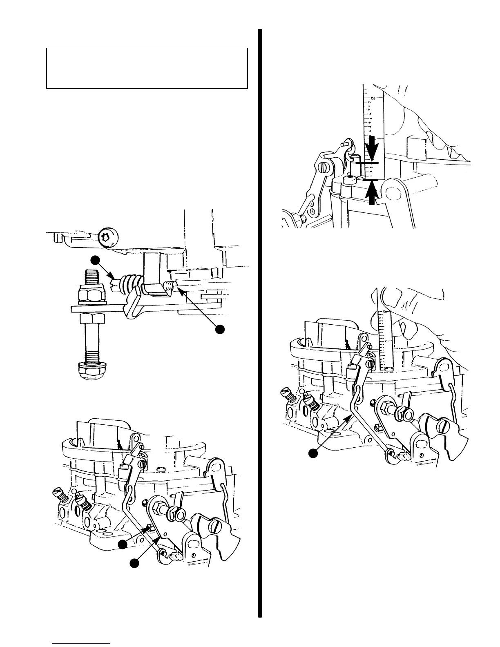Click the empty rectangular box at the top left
coord(147,68)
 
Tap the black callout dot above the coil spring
coord(95,260)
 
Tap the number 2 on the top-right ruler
coord(373,98)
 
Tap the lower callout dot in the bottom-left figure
coord(134,563)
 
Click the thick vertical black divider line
coord(259,323)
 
